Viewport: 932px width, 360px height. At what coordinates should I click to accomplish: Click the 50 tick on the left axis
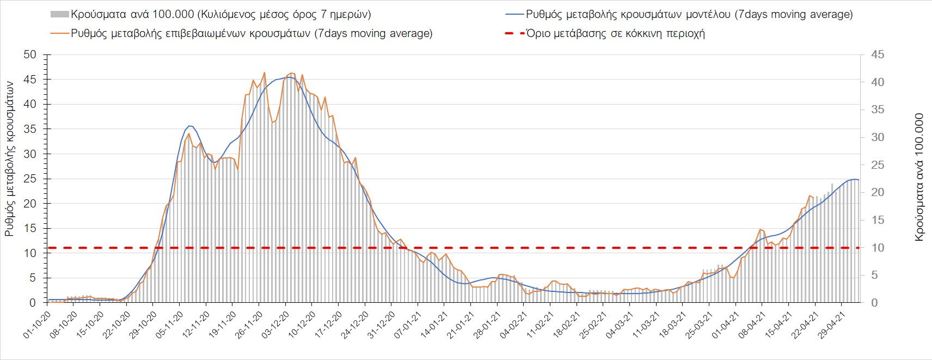point(30,54)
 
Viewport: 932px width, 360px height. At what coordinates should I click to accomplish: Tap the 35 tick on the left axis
point(30,129)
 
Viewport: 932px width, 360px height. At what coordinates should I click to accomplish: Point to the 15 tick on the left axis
point(30,228)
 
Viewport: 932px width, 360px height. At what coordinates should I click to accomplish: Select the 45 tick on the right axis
point(878,54)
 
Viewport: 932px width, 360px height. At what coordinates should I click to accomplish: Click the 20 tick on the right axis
point(878,192)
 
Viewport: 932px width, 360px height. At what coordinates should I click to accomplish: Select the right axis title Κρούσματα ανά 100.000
point(919,178)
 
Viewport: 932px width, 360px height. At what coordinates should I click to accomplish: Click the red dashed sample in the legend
point(514,33)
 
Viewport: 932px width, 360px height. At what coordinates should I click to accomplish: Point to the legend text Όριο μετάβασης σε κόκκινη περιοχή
point(616,33)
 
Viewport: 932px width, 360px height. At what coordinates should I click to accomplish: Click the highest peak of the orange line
point(264,72)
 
